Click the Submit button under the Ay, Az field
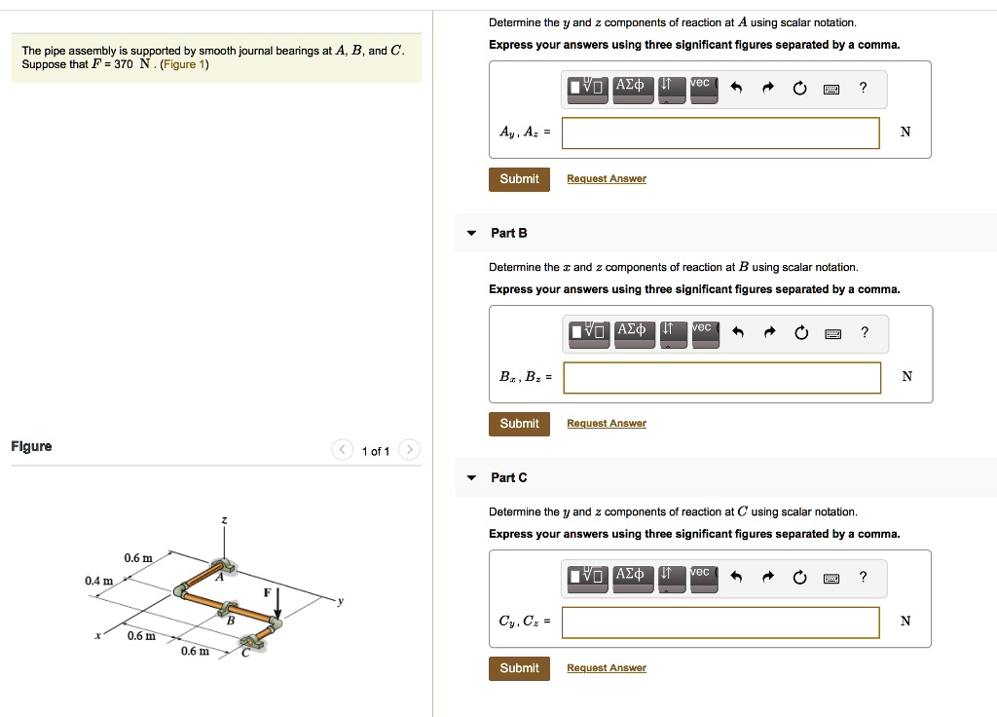(x=519, y=179)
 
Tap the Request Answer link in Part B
(x=606, y=424)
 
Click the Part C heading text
(x=509, y=477)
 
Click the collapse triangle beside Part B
(x=471, y=234)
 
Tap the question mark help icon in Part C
(x=864, y=577)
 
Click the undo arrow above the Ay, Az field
(x=737, y=89)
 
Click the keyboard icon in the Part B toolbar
(x=831, y=333)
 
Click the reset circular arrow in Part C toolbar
(x=799, y=578)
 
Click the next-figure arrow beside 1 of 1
(x=411, y=450)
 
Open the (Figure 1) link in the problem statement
(x=185, y=64)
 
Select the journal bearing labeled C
(x=254, y=639)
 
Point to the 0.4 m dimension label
(x=98, y=581)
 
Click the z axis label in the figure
(x=224, y=522)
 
